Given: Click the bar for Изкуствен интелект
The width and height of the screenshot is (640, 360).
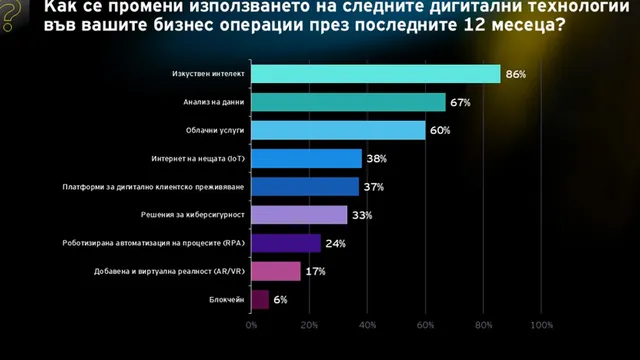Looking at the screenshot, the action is tap(376, 74).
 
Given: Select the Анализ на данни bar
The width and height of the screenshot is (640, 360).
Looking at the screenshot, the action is tap(348, 102).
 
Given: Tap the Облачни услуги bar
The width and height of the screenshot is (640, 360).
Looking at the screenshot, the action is tap(338, 130).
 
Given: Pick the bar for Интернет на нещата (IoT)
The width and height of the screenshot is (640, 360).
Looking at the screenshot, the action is tap(307, 158).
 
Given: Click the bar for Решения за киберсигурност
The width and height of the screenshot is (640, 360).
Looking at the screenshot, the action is tap(299, 215).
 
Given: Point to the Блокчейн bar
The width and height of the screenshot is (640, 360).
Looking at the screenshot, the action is tap(260, 300).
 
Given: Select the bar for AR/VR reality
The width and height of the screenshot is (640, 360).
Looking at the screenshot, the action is tap(276, 271).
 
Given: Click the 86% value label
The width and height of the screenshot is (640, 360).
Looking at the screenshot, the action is tap(516, 74).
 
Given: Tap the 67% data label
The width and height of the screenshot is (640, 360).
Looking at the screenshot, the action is tap(460, 102).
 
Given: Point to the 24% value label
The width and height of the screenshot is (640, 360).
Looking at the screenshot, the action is tap(336, 244).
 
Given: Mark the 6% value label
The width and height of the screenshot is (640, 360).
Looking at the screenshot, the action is tap(280, 300).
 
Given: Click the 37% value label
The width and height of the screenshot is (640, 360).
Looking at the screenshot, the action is tap(374, 187).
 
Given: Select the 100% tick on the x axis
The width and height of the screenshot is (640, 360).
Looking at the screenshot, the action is tap(542, 325).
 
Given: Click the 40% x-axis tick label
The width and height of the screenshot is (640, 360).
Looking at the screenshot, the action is tap(367, 325).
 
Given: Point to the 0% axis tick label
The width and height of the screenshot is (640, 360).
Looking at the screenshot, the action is tap(251, 325).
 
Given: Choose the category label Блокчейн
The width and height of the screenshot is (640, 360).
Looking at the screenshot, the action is tap(227, 300).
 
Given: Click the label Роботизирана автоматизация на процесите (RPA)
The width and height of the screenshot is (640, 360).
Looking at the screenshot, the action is tap(153, 243).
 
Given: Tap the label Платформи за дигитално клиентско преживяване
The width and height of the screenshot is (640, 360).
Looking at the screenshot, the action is tap(153, 187).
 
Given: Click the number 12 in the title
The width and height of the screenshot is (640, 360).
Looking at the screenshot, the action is tap(474, 25).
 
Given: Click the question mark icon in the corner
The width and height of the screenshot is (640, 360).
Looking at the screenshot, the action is tap(11, 15).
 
